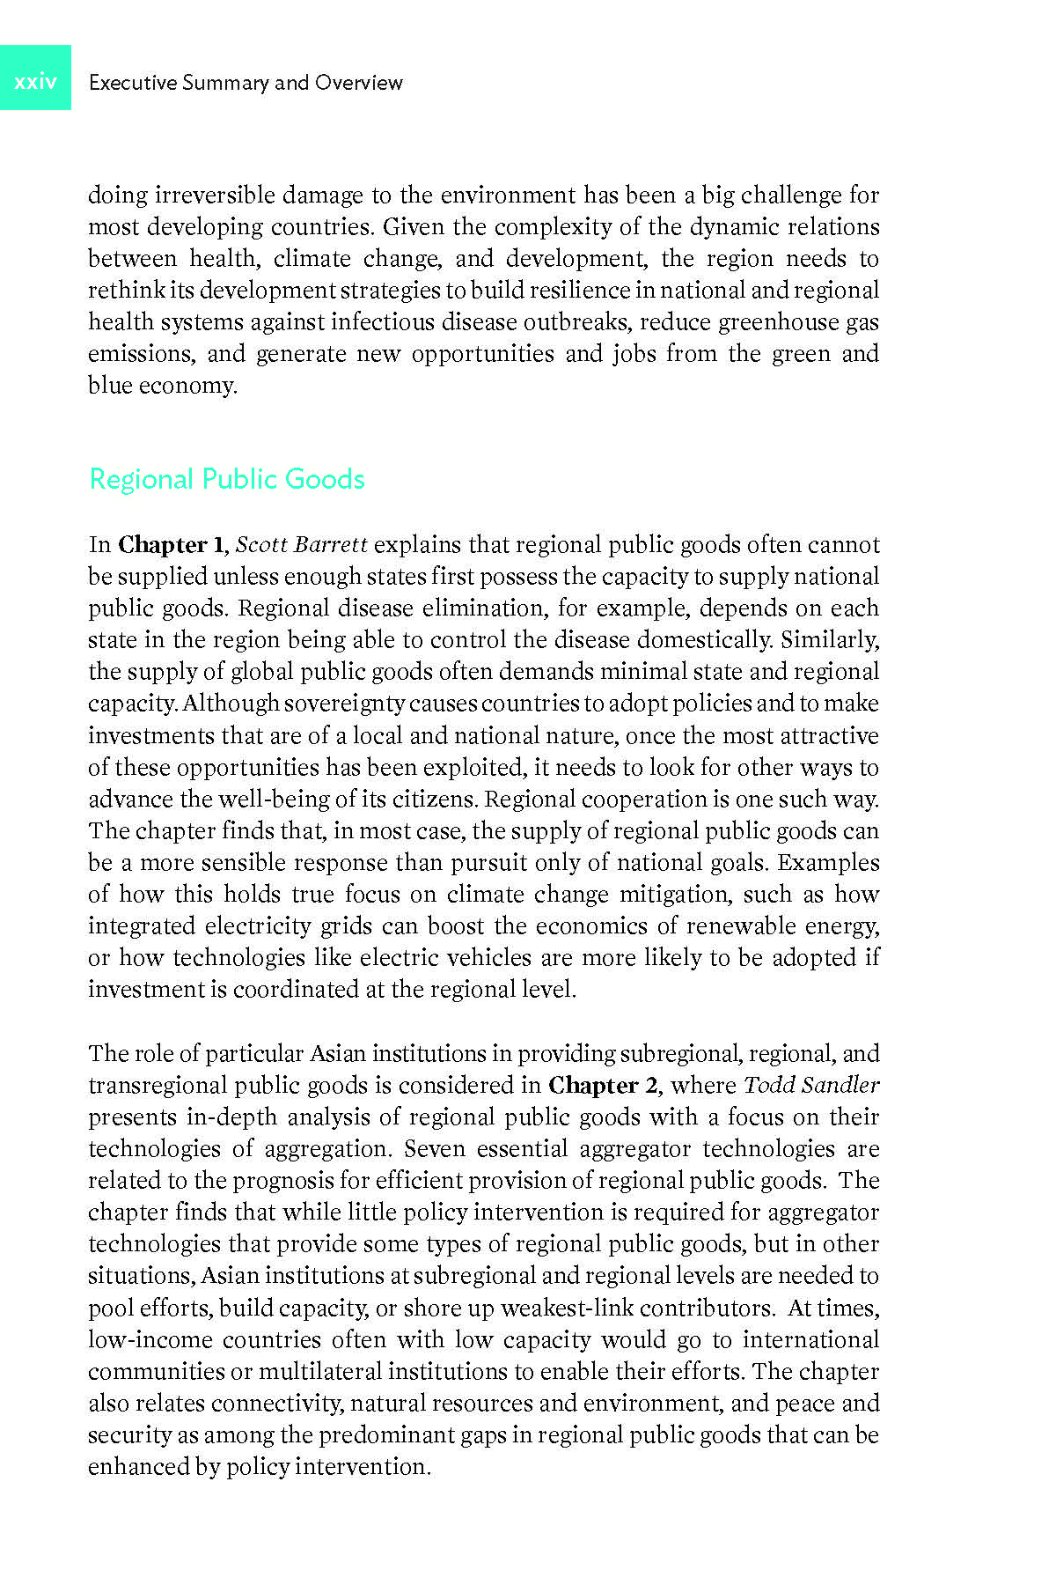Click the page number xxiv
(35, 82)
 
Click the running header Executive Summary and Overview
(246, 83)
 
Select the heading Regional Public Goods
(227, 479)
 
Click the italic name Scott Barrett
(301, 545)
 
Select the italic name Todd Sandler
(811, 1086)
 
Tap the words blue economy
(162, 386)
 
